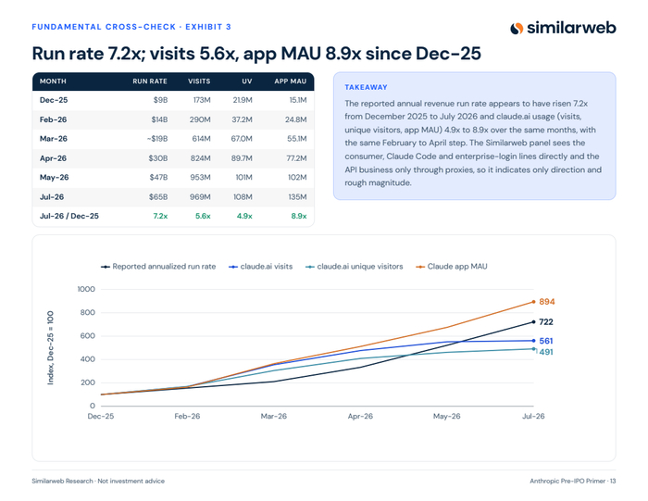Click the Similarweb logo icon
(x=517, y=28)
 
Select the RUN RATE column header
(x=150, y=81)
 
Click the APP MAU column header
(x=290, y=81)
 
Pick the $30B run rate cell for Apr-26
(x=158, y=158)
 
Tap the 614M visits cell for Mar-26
(x=201, y=139)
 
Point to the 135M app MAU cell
(x=297, y=197)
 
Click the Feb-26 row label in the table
(x=53, y=119)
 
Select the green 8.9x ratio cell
(x=298, y=216)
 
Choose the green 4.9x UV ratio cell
(x=244, y=216)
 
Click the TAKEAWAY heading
(x=366, y=88)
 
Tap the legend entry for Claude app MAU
(x=452, y=267)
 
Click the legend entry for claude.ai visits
(x=261, y=267)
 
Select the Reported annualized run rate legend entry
(x=158, y=267)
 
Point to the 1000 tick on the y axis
(x=86, y=289)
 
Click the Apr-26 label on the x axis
(x=360, y=416)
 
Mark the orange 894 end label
(x=547, y=302)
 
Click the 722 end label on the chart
(x=546, y=322)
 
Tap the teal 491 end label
(x=546, y=352)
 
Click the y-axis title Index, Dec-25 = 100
(x=50, y=347)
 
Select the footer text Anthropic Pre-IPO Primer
(x=567, y=482)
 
